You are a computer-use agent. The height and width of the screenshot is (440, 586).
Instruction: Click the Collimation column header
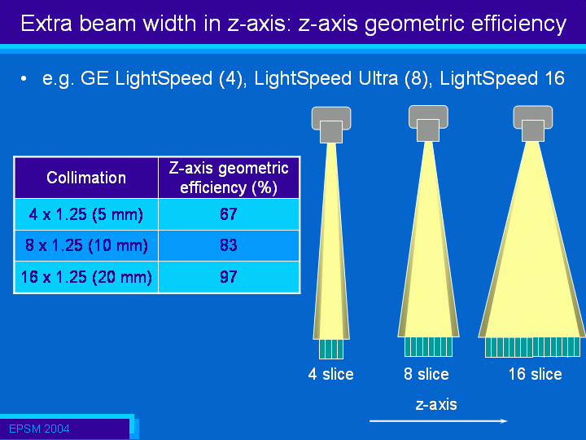[86, 178]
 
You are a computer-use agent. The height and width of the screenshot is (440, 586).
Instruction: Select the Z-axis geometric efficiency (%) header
[229, 178]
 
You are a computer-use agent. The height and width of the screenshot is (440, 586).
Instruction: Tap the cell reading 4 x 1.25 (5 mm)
[86, 214]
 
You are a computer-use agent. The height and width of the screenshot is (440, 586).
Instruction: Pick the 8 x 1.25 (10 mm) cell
[86, 245]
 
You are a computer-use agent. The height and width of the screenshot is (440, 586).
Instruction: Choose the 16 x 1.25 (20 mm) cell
[86, 277]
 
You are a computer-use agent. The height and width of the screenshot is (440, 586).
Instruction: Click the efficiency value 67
[229, 214]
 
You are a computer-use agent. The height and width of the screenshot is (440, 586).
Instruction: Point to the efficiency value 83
[229, 245]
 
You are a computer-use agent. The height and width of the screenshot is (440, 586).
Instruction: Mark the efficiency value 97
[229, 277]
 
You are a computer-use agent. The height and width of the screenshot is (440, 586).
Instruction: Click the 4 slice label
[330, 374]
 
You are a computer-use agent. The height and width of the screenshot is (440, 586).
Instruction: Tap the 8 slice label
[426, 374]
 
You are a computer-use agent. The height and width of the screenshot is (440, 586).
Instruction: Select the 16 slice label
[536, 374]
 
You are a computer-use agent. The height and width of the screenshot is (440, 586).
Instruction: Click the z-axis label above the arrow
[436, 404]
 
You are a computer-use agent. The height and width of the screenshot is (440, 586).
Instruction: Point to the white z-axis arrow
[439, 421]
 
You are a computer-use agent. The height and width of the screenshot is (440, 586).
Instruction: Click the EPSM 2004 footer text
[39, 429]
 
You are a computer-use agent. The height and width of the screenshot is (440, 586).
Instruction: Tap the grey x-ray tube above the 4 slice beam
[331, 125]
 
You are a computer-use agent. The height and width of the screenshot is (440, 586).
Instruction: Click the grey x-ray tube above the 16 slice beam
[533, 124]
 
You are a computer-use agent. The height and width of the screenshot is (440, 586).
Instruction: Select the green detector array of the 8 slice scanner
[428, 347]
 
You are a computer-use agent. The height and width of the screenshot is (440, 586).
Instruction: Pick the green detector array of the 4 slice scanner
[331, 349]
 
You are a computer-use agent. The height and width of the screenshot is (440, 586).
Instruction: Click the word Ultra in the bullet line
[378, 78]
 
